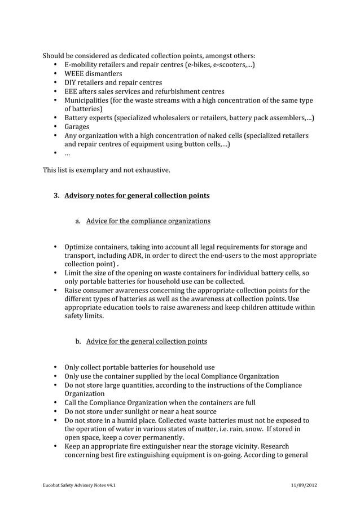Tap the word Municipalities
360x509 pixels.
click(86, 100)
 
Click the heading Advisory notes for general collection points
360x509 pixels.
click(137, 196)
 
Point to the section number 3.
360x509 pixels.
click(56, 196)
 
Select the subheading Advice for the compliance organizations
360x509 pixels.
click(148, 221)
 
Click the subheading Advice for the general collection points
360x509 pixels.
click(146, 341)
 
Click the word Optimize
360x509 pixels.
click(80, 247)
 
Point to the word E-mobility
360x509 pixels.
click(83, 65)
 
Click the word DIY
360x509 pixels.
click(71, 82)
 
